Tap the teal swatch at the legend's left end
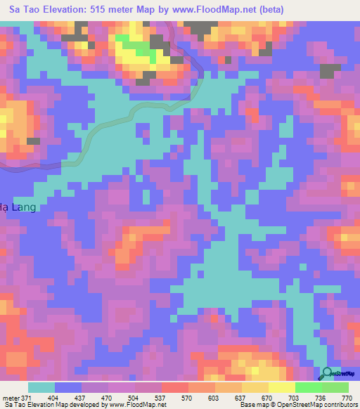click(x=41, y=387)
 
